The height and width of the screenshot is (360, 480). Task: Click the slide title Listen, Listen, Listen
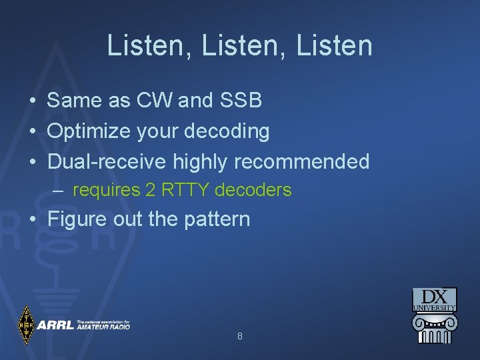(239, 46)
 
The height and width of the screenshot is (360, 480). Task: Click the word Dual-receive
(107, 161)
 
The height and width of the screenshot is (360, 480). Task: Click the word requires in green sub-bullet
(105, 191)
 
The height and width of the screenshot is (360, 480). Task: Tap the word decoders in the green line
(253, 190)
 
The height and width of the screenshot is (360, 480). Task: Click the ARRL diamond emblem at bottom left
(25, 325)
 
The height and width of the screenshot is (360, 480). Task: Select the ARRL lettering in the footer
(55, 325)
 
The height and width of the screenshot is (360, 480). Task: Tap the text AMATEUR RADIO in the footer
(103, 327)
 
